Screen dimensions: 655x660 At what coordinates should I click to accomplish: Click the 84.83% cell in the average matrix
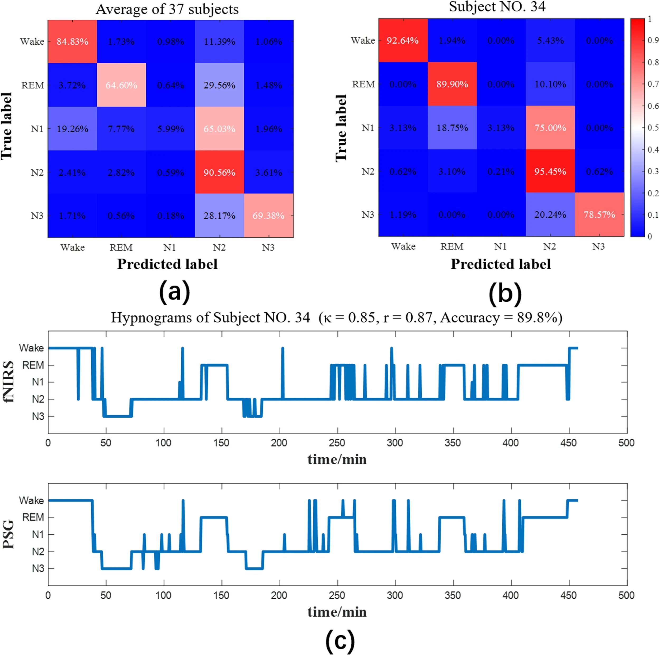(72, 42)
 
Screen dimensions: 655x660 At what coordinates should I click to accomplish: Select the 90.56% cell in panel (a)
(219, 172)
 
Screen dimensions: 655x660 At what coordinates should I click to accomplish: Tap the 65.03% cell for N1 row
(219, 129)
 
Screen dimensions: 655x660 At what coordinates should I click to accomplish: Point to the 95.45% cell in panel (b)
(550, 171)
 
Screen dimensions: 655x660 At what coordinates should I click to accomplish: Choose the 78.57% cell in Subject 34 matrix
(599, 214)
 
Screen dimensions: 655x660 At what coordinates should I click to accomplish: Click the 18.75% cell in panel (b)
(452, 128)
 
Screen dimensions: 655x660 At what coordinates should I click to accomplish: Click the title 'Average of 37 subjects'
(167, 9)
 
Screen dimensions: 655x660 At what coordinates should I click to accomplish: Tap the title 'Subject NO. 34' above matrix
(497, 7)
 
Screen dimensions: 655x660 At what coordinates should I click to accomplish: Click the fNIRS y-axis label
(8, 382)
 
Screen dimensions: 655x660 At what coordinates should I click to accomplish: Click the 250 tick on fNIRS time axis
(337, 443)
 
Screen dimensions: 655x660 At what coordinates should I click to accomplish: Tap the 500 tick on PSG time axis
(626, 595)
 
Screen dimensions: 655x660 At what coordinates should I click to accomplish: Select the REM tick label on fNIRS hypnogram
(33, 365)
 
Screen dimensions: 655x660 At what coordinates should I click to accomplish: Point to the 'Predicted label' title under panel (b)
(501, 264)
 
